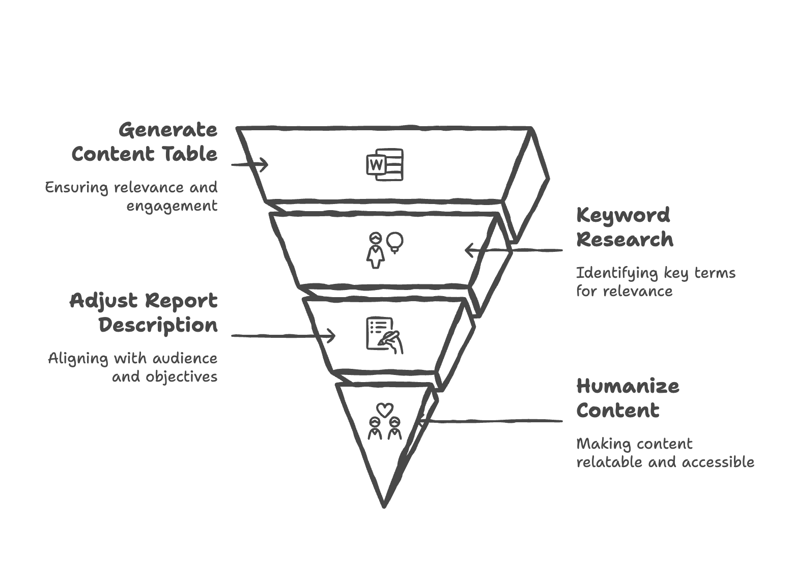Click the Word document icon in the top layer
click(385, 164)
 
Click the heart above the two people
click(385, 410)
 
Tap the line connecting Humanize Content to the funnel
click(492, 421)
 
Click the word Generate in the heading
click(168, 130)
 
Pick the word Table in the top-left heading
click(189, 154)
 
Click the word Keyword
click(623, 216)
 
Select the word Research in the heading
click(625, 239)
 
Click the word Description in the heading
click(158, 325)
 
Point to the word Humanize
click(628, 386)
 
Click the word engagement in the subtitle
click(172, 206)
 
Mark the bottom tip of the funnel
click(384, 506)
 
